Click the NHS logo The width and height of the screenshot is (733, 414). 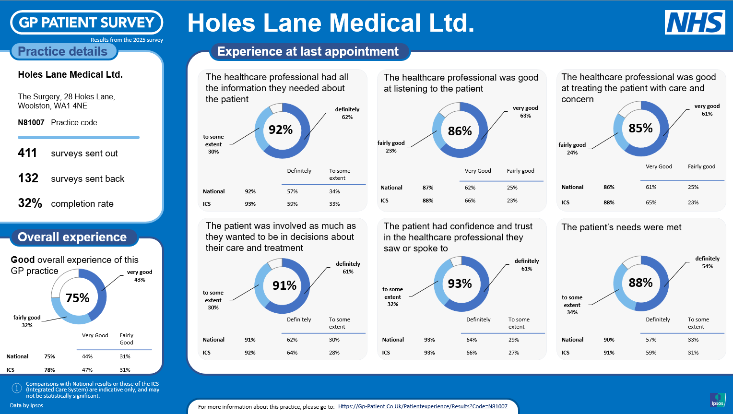tap(695, 23)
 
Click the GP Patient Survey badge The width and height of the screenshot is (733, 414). tap(87, 23)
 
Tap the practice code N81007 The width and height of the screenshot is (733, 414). tap(31, 123)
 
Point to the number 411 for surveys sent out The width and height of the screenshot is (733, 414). tap(27, 153)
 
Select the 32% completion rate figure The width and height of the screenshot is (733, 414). tap(30, 203)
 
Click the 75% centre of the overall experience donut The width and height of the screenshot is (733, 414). tap(78, 298)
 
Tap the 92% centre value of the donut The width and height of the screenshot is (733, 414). tap(281, 130)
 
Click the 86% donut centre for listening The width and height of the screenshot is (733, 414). tap(460, 131)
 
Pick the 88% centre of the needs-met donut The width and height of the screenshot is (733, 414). tap(640, 283)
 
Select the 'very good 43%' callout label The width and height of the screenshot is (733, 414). tap(140, 276)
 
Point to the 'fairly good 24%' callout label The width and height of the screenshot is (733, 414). tap(572, 149)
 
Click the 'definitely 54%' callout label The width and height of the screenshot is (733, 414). tap(707, 262)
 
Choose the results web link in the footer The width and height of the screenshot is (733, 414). tap(423, 406)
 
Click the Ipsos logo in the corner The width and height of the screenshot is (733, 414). tap(718, 400)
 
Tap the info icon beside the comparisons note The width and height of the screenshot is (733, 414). tap(16, 388)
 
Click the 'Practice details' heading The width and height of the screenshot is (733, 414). tap(63, 51)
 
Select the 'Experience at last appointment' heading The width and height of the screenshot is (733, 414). tap(308, 51)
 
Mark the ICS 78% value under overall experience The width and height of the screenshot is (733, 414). tap(49, 370)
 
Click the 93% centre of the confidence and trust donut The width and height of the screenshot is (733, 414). tap(460, 284)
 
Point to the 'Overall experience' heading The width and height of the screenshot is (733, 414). tap(72, 237)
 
